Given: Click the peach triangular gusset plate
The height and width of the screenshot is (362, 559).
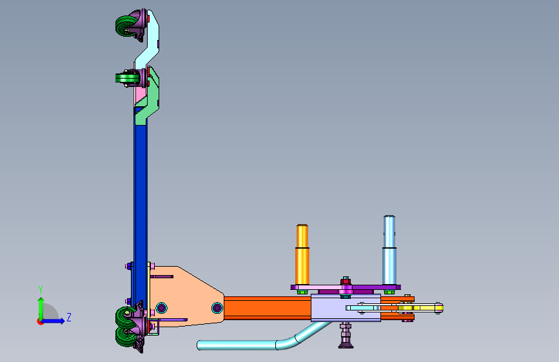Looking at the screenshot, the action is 186,296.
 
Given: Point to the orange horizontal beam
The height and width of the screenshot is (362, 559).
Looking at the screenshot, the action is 268,308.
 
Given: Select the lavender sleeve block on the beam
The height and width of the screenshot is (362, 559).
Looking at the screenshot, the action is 346,308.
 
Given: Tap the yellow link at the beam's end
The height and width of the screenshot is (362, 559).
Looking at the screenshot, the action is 420,308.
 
